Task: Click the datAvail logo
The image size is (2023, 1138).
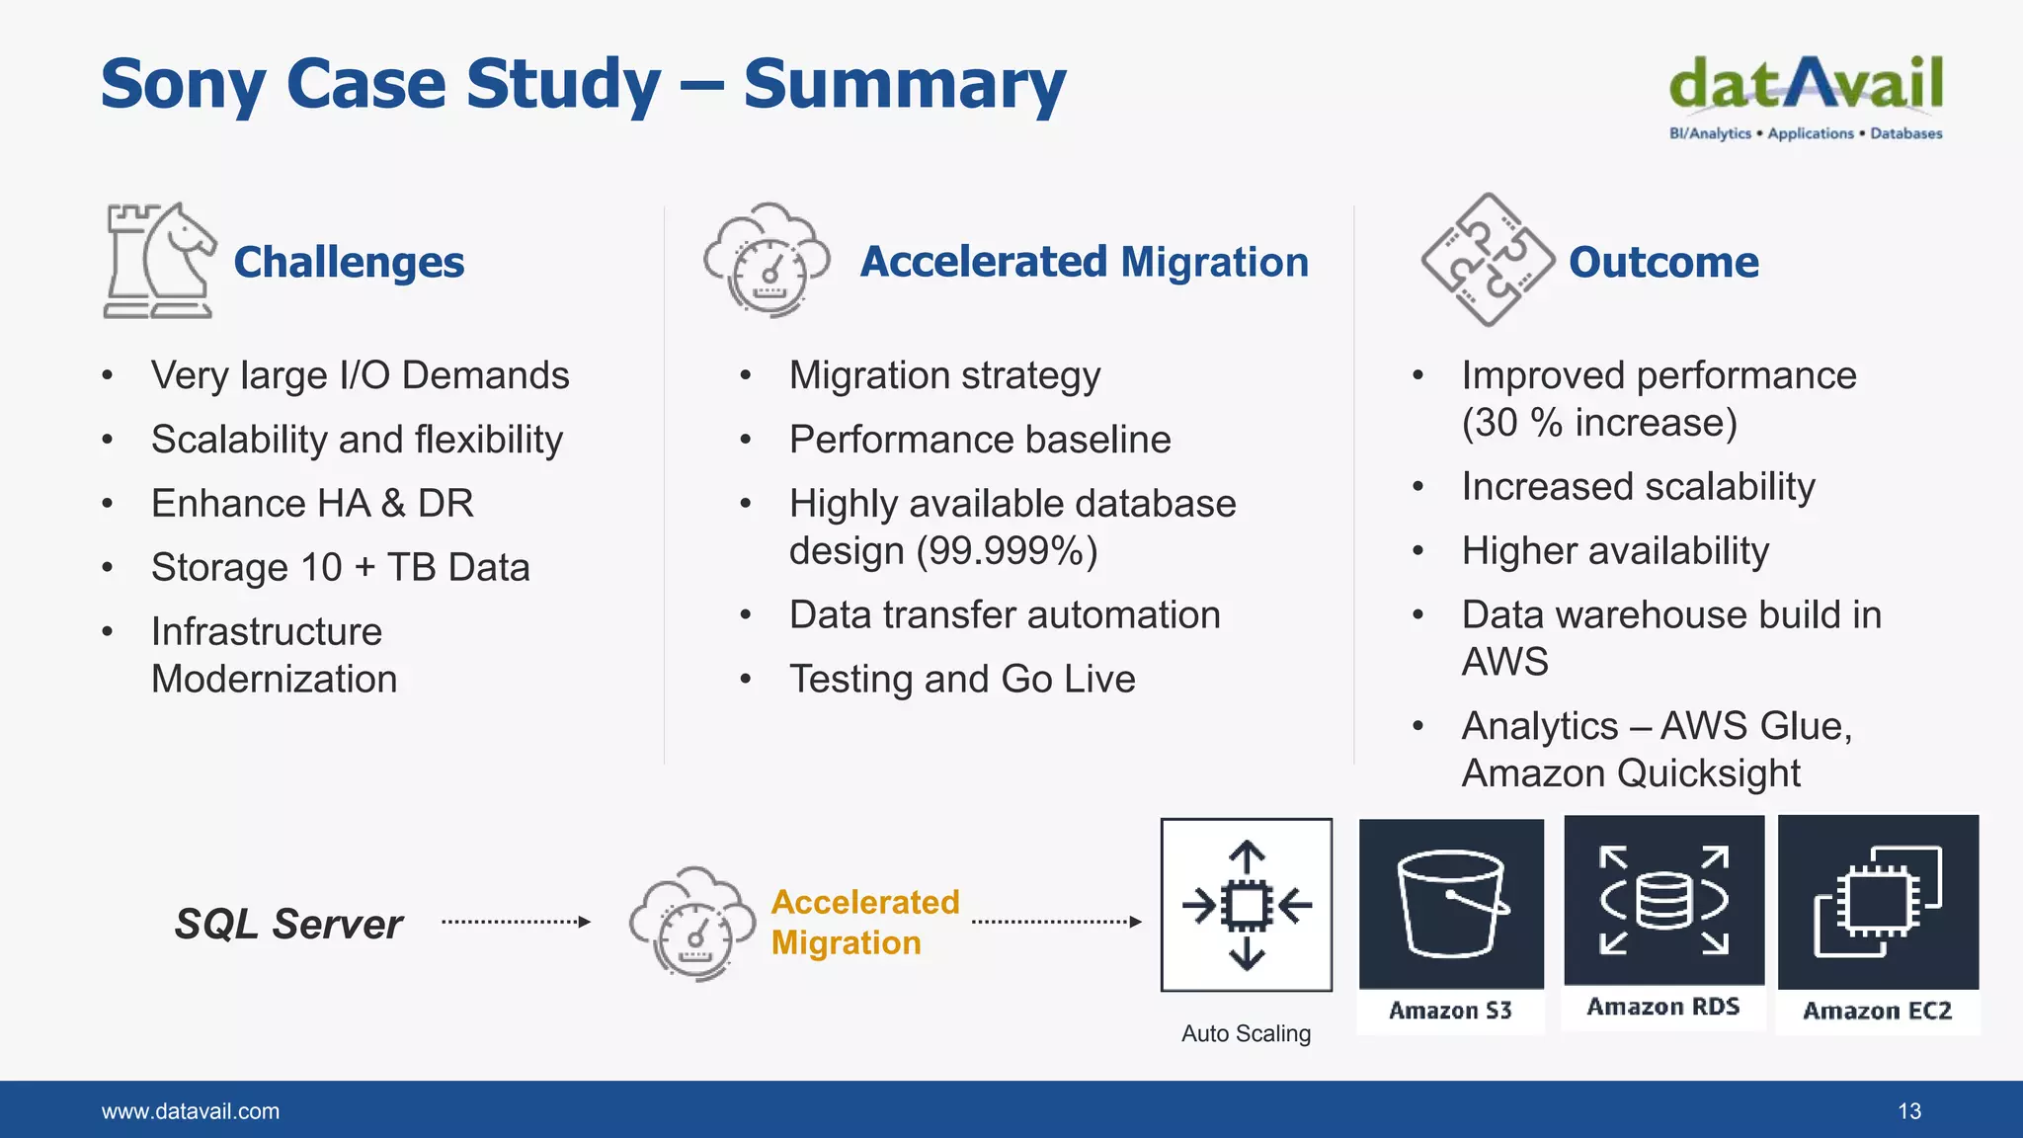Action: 1806,97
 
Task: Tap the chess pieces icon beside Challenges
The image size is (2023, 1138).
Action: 158,261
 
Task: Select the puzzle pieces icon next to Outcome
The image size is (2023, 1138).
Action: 1488,261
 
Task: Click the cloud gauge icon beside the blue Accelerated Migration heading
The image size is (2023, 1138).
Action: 767,261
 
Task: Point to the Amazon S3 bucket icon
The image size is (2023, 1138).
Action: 1451,904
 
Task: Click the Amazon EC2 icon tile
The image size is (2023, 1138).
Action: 1878,903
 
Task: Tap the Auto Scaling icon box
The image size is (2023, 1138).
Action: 1247,905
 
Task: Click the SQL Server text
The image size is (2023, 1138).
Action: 288,925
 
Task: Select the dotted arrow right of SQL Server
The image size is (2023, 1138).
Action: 516,922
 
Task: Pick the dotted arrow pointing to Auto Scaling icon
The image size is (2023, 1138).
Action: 1056,922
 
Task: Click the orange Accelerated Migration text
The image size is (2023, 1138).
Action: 864,923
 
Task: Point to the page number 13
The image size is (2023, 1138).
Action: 1908,1111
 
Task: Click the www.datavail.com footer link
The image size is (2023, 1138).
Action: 191,1111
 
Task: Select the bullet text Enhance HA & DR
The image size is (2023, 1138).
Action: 312,504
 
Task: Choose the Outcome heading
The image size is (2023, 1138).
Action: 1663,263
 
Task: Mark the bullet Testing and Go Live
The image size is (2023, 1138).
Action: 962,680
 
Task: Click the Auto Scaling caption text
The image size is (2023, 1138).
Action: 1246,1033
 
